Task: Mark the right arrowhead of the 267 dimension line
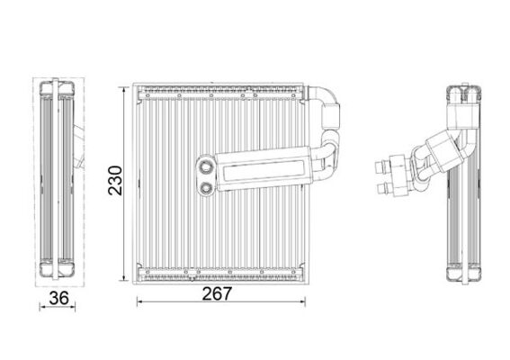pyautogui.click(x=309, y=303)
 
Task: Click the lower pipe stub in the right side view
pyautogui.click(x=392, y=187)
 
